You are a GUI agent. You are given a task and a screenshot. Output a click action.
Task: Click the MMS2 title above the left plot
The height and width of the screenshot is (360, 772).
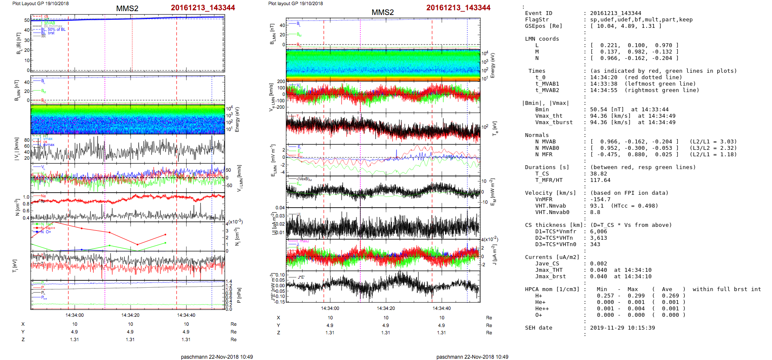click(x=127, y=9)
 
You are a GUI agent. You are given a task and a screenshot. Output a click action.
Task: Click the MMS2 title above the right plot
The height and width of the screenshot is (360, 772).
click(x=383, y=12)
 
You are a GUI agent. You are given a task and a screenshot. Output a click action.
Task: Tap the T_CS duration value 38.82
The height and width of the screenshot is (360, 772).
click(x=598, y=174)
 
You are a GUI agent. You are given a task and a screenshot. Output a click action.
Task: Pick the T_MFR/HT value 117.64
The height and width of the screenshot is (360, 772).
click(x=600, y=180)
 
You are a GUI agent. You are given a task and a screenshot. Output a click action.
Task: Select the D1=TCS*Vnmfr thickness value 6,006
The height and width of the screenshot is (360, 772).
click(x=598, y=232)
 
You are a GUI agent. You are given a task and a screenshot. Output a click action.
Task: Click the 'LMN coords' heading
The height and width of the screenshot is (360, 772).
click(x=542, y=39)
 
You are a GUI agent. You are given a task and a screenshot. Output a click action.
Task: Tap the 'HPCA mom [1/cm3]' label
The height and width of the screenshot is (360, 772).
click(x=552, y=289)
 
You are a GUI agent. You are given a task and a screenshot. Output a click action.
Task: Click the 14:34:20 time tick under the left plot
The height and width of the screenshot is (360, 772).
click(x=130, y=315)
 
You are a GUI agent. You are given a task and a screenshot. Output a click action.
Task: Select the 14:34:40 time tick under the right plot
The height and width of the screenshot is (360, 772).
click(x=442, y=308)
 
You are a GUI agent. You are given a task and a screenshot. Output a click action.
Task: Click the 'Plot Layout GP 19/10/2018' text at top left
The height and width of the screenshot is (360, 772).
click(x=40, y=3)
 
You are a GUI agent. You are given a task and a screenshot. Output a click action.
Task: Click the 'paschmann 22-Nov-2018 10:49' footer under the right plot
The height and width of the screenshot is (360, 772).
click(x=472, y=357)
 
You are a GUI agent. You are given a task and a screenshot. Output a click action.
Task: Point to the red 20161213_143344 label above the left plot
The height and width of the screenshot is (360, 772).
click(x=203, y=8)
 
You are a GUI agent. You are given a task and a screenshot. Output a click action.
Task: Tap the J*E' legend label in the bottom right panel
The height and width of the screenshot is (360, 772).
click(x=301, y=277)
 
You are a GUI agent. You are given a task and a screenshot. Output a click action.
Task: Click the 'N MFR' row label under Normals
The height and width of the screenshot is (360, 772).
click(x=543, y=155)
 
